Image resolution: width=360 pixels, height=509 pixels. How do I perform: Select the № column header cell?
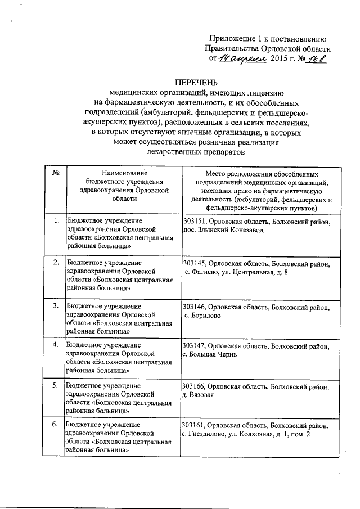tap(56, 172)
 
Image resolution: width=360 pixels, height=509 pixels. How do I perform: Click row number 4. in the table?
tap(56, 344)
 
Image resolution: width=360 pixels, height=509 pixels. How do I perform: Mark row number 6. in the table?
tap(56, 424)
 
